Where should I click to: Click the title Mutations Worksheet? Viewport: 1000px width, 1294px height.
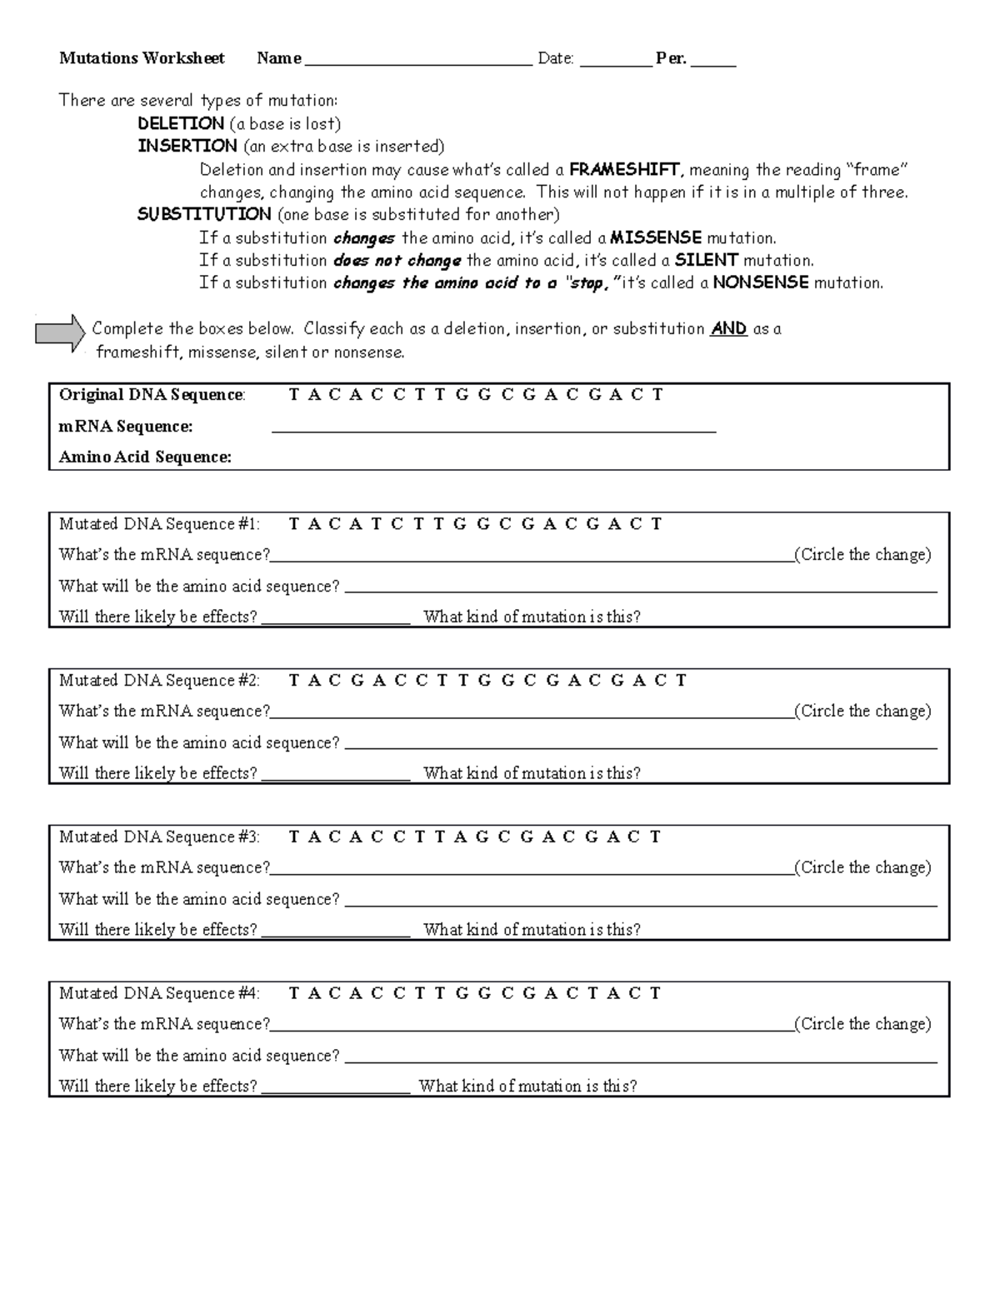point(142,58)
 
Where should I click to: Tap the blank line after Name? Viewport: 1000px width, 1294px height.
point(418,61)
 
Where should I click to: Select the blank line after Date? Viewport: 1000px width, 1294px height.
point(616,61)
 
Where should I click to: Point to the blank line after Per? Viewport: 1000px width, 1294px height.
point(713,61)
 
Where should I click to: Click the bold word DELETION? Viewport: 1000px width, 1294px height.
point(181,123)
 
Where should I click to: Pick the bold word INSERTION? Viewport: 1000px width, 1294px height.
point(187,146)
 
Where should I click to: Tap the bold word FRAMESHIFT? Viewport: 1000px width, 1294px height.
point(627,170)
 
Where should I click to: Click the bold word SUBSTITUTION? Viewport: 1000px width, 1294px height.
point(204,214)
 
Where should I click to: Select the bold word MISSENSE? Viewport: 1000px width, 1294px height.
point(656,237)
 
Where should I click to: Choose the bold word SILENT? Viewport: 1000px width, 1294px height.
point(707,260)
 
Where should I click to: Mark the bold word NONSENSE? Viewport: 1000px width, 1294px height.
point(761,282)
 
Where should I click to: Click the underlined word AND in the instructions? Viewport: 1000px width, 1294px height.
point(728,328)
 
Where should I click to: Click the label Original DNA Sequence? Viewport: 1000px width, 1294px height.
point(152,395)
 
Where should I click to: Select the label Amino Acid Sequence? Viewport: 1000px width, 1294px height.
point(145,457)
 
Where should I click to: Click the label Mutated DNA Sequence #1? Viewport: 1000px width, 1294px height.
point(159,524)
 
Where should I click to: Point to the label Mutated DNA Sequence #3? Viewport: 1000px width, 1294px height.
point(159,837)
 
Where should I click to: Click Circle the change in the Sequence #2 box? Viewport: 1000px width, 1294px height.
point(862,711)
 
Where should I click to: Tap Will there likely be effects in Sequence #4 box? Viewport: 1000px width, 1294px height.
point(157,1086)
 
